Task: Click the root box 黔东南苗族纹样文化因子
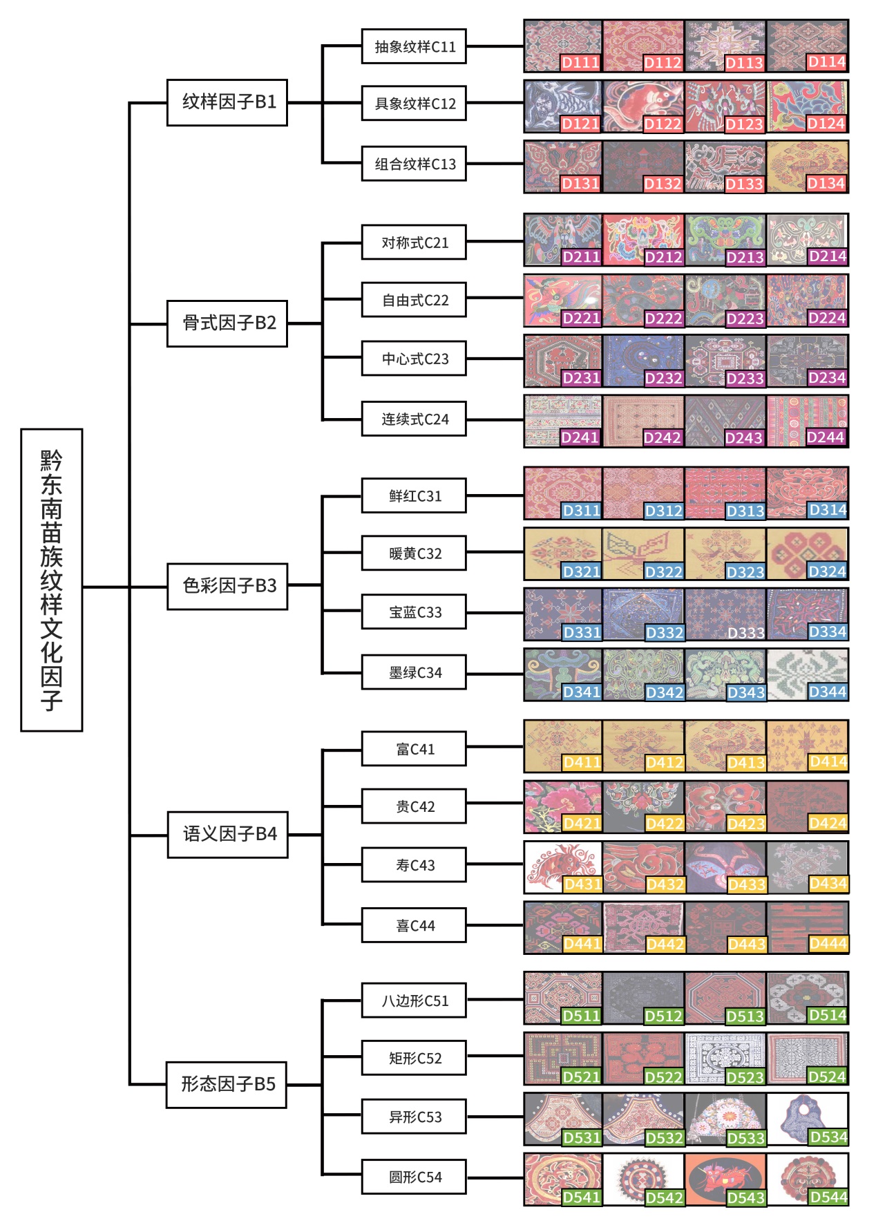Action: coord(52,580)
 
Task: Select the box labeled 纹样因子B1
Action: coord(227,102)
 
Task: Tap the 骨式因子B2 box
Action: coord(227,323)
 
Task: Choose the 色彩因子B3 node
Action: coord(227,586)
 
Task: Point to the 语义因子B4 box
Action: coord(227,834)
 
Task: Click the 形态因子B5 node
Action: coord(227,1084)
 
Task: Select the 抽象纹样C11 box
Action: coord(414,46)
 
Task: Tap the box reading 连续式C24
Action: coord(414,419)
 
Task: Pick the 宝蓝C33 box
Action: coord(414,611)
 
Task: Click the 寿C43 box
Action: coord(414,864)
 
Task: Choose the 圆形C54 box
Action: coord(414,1177)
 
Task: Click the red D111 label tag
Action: coord(580,63)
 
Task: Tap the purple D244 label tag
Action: coord(826,437)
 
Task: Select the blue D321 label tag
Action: coord(581,571)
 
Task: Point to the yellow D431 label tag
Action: coord(582,884)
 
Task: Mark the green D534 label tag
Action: coord(828,1137)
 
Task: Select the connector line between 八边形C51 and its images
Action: coord(495,1000)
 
